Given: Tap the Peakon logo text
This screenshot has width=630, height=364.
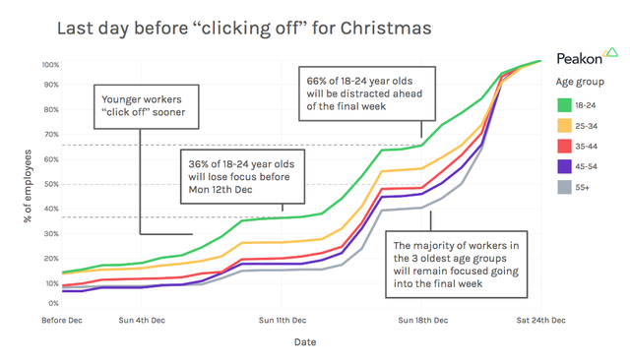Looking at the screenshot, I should point(583,58).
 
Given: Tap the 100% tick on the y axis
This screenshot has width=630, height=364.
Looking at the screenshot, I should point(50,65).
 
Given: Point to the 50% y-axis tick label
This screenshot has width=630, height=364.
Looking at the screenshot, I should point(50,184).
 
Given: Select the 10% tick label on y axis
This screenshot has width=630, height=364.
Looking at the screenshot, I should point(50,283).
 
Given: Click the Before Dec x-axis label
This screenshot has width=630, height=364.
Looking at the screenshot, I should point(62,321).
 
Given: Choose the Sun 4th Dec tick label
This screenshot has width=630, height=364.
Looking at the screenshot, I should point(142,321).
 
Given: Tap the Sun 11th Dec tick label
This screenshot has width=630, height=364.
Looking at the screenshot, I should point(285,321).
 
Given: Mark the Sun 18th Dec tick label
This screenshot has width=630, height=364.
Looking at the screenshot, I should point(424,321).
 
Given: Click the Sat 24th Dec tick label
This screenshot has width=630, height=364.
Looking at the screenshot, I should point(541,321).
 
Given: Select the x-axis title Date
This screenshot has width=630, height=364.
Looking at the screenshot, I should point(304,342).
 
